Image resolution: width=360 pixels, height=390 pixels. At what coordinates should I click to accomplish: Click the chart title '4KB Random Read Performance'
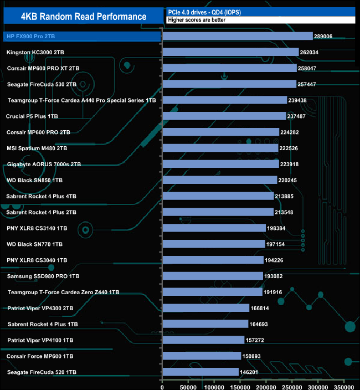point(83,17)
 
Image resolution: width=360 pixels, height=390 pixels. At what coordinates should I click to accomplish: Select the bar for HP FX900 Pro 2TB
point(238,37)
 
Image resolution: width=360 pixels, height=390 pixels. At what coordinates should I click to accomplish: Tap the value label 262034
point(312,53)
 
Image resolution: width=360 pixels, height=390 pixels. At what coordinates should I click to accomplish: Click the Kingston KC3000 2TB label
point(39,53)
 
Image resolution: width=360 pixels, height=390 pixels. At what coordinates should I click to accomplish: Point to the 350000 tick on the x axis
point(344,383)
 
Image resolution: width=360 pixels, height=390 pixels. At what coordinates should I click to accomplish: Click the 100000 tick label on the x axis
point(214,383)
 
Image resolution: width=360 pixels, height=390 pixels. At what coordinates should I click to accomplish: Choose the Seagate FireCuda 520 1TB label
point(42,372)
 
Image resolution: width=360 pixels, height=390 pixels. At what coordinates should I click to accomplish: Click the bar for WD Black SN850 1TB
point(219,180)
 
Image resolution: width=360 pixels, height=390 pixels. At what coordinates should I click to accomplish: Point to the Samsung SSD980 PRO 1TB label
point(43,276)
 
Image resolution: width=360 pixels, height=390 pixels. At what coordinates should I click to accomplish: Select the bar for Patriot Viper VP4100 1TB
point(203,340)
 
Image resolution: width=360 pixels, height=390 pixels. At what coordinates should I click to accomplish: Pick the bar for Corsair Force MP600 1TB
point(202,356)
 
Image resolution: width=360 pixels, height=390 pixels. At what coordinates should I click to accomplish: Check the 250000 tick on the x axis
point(292,383)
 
